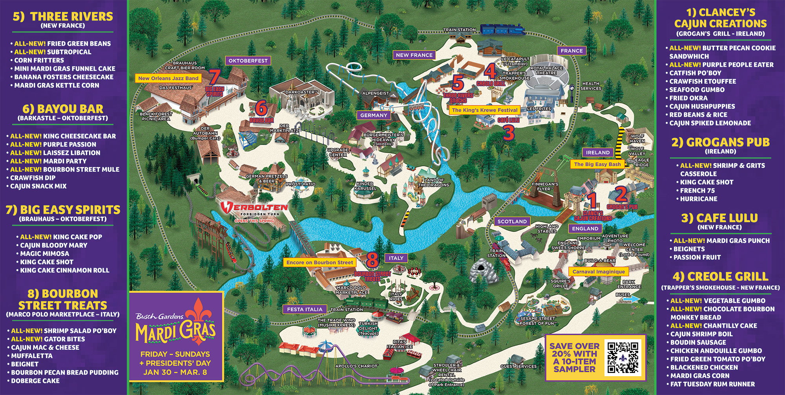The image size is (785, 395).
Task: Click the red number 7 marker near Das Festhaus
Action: click(214, 77)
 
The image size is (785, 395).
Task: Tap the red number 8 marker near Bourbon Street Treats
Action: click(372, 260)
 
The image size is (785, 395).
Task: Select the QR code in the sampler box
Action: click(623, 357)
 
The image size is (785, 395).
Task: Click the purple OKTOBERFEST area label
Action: click(248, 61)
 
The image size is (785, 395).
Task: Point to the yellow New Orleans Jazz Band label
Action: click(168, 78)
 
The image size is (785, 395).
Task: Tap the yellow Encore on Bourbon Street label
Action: click(319, 263)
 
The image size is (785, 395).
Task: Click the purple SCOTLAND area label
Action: click(512, 222)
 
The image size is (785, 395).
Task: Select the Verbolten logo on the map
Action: click(254, 208)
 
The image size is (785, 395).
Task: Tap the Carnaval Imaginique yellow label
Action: click(598, 272)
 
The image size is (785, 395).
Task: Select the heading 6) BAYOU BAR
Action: click(63, 109)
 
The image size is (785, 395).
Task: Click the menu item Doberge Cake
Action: click(35, 381)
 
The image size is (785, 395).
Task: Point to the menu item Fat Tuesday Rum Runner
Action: click(712, 384)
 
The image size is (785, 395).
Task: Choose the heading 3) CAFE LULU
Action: click(720, 218)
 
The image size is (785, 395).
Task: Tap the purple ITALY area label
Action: click(396, 258)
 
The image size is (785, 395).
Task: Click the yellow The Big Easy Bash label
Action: click(597, 164)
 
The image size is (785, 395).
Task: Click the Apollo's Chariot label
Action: click(356, 366)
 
